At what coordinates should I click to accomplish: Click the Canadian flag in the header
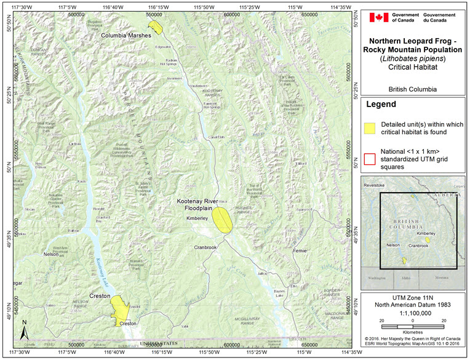point(378,17)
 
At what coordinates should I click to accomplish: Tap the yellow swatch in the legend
point(369,128)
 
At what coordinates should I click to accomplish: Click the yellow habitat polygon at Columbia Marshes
point(159,26)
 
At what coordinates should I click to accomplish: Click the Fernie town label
point(300,251)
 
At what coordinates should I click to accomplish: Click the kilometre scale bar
point(412,326)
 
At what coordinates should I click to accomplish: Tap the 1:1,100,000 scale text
point(412,313)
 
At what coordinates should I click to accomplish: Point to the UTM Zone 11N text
point(412,298)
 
